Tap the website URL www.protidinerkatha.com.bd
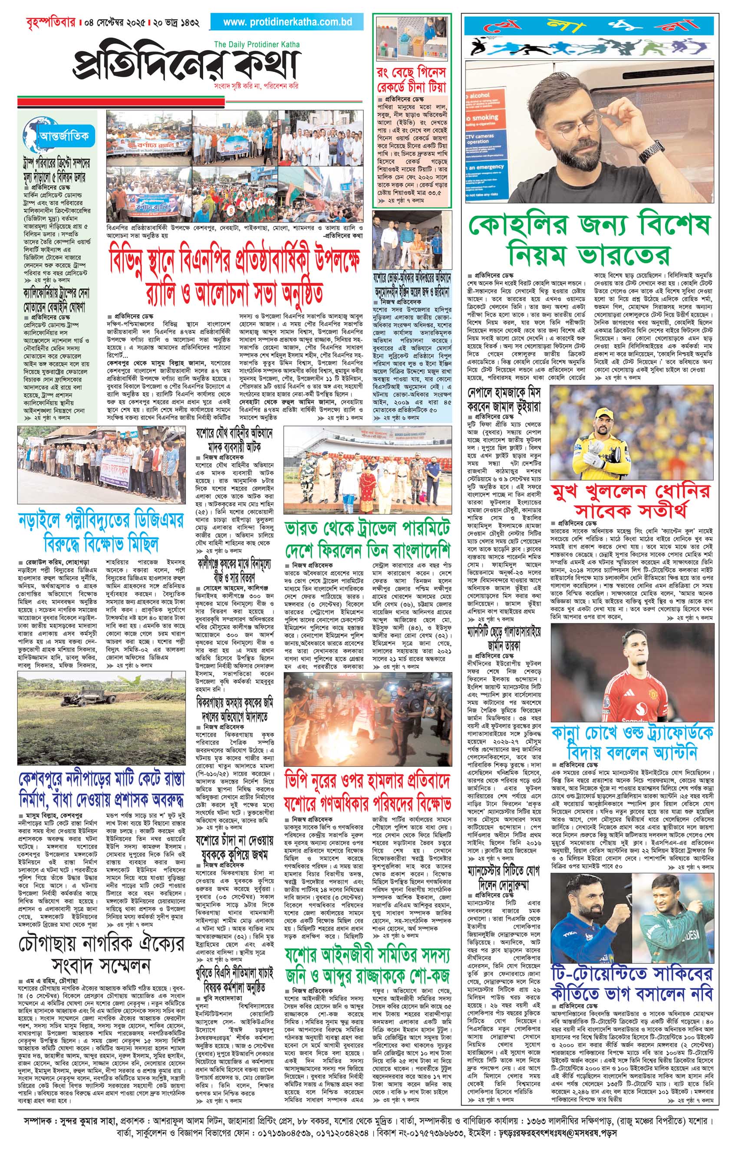click(288, 22)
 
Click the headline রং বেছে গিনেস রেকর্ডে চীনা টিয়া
click(411, 80)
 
